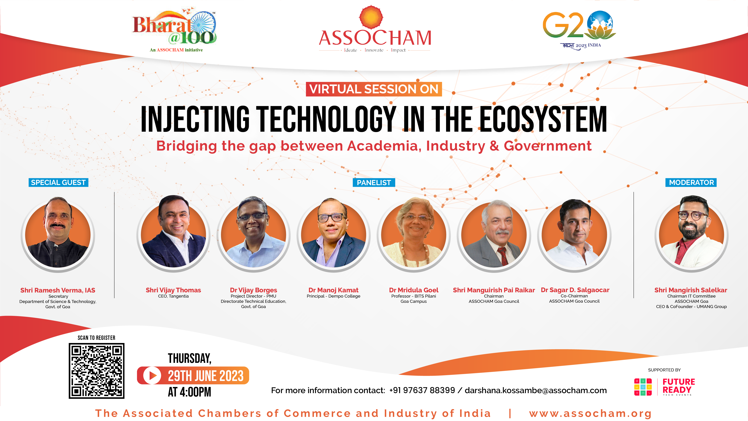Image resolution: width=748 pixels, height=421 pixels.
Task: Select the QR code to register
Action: (x=96, y=371)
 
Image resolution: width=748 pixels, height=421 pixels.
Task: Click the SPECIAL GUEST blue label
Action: (x=58, y=183)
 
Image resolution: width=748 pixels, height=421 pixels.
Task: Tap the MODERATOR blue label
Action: (x=691, y=183)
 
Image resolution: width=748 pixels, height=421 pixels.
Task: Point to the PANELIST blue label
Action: (x=374, y=183)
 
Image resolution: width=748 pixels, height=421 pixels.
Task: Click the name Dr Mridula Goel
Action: (x=414, y=290)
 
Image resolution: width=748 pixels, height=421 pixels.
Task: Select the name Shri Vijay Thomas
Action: (x=173, y=290)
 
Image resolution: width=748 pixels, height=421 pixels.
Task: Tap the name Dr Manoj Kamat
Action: (x=333, y=290)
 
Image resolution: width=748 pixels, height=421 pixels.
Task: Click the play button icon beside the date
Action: (x=152, y=375)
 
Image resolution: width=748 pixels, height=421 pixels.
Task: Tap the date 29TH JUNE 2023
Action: (x=206, y=376)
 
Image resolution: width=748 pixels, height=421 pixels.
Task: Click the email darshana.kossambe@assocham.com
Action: (x=536, y=390)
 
